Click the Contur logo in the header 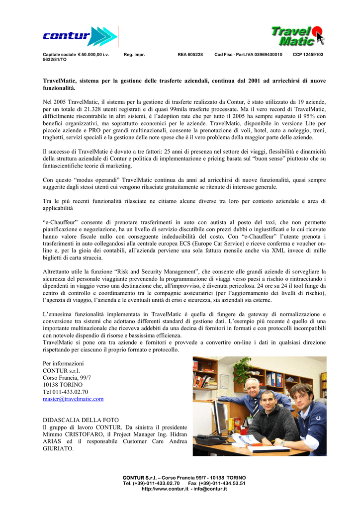click(x=80, y=36)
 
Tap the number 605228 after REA click(x=194, y=54)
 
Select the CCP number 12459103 click(x=314, y=54)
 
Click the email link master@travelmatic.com click(x=73, y=399)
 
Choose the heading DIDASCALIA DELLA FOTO click(x=81, y=420)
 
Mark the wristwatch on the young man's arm click(x=282, y=442)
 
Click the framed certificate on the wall click(x=224, y=381)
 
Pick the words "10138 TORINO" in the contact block click(x=63, y=385)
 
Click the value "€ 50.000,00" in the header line click(x=93, y=54)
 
